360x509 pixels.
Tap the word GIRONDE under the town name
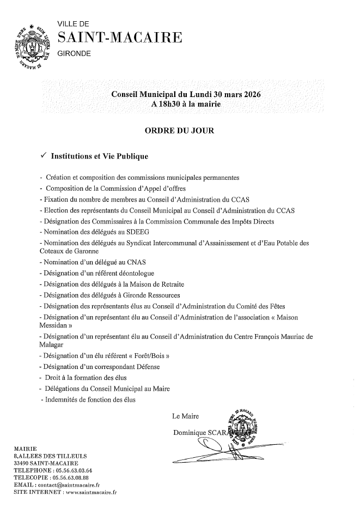coord(75,53)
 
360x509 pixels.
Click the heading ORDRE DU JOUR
coord(180,131)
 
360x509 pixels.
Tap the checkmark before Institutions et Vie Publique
coord(44,156)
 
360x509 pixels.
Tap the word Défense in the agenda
coord(145,367)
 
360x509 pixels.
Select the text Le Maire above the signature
coord(185,417)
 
